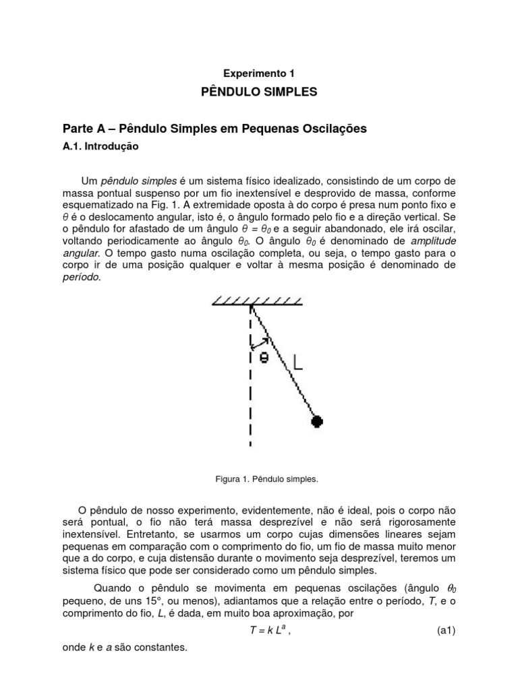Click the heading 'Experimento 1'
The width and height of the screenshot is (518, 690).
[259, 72]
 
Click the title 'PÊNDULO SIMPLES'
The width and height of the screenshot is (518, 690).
[259, 92]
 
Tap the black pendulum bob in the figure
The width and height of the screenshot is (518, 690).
[317, 421]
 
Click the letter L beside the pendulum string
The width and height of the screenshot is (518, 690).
[297, 363]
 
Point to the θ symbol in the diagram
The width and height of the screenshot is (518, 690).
[264, 358]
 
